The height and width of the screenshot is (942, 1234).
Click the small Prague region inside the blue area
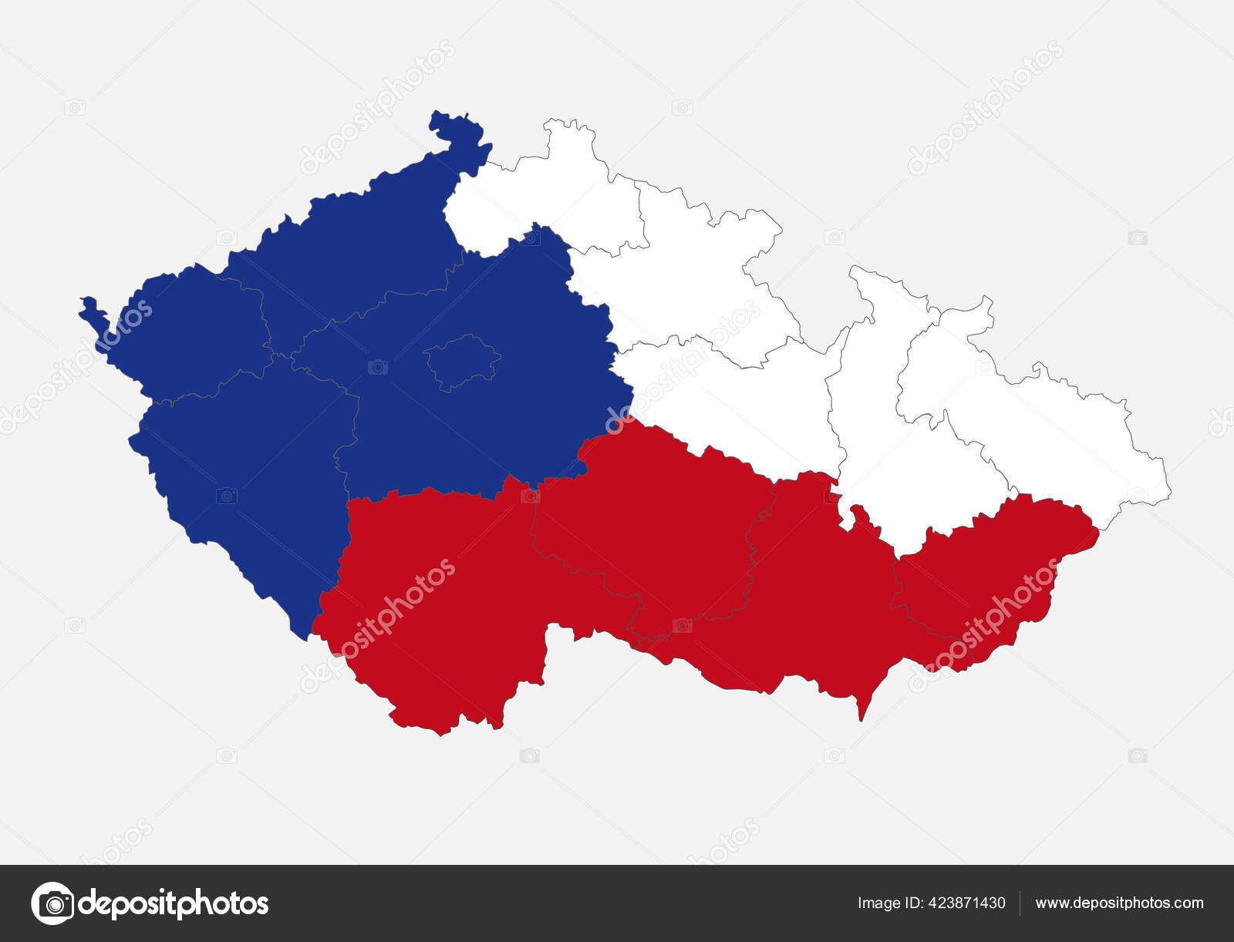(x=461, y=360)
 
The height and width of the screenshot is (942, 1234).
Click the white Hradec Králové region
(x=679, y=278)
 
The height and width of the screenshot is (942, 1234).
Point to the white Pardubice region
(x=733, y=401)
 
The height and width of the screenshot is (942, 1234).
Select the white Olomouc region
(x=887, y=432)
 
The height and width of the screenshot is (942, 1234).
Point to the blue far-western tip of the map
(x=90, y=308)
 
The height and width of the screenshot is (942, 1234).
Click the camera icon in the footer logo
(x=52, y=903)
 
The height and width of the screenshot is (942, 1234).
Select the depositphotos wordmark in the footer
(x=174, y=903)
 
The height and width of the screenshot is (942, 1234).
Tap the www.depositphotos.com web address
(x=1119, y=903)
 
